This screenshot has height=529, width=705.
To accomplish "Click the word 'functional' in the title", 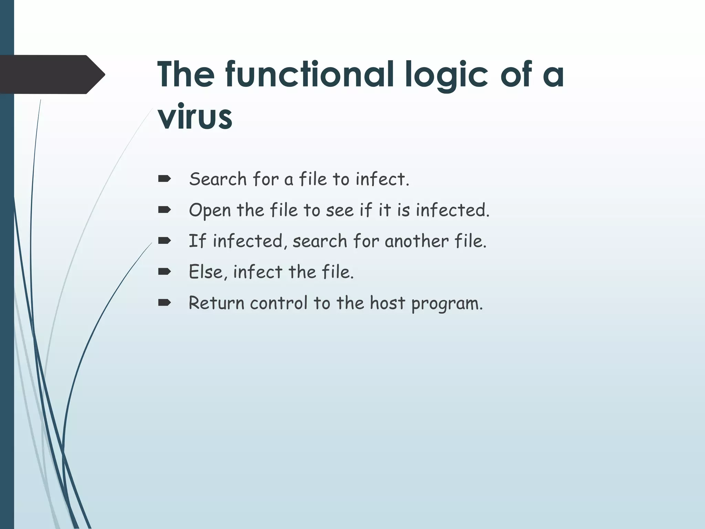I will pos(309,75).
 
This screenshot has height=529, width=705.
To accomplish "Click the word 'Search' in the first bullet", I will pos(218,179).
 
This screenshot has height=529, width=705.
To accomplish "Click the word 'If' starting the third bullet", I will pos(197,241).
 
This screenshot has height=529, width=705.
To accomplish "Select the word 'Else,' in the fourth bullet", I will pos(208,272).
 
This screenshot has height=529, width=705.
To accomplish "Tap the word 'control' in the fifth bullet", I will pos(278,303).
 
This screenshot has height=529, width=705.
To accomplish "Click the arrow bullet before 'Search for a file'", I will pos(165,179).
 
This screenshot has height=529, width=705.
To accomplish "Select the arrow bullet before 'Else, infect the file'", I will pos(165,272).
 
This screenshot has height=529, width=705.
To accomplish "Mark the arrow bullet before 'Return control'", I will pos(165,303).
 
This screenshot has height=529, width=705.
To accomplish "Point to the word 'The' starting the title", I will pos(186,75).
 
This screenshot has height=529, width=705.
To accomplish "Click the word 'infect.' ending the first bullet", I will pos(382,179).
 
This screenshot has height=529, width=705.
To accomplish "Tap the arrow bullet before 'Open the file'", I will pos(165,210).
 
